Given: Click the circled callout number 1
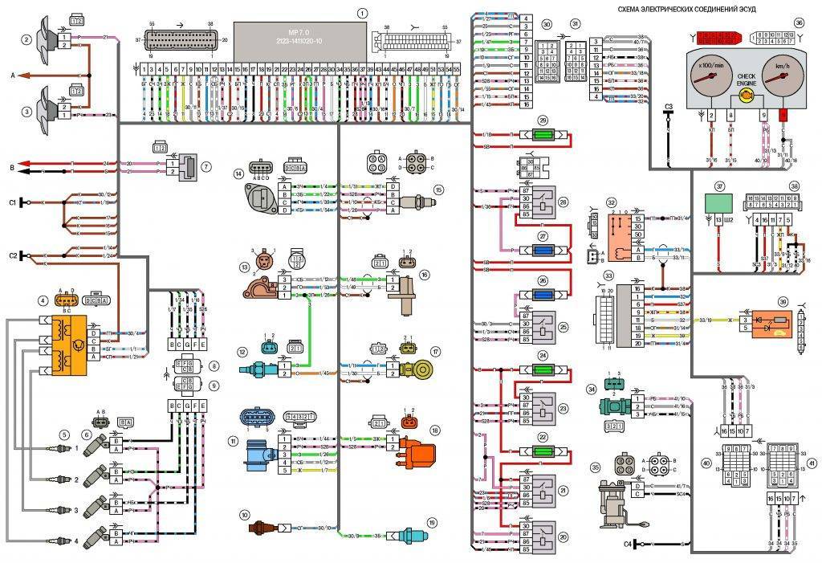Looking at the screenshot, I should tap(362, 13).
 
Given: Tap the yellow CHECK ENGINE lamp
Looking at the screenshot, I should tap(746, 95).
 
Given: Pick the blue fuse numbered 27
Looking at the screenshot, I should tap(543, 250).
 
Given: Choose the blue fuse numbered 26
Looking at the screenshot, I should tap(543, 294).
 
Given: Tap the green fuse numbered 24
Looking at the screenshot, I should tap(543, 369).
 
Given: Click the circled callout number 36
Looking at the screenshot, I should tap(799, 22).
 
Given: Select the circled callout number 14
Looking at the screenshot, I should tap(238, 173).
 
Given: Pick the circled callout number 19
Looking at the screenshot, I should tap(432, 523).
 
